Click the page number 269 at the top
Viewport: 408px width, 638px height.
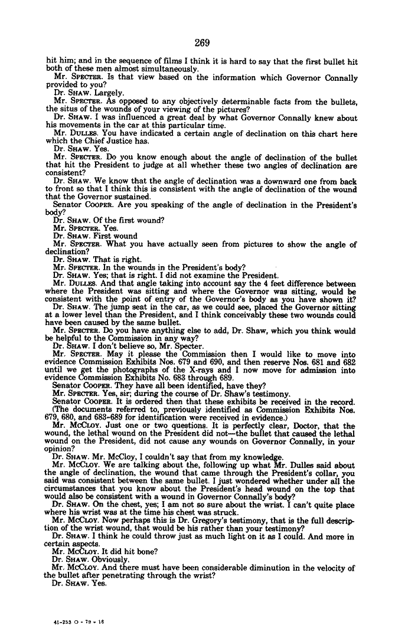click(203, 42)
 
